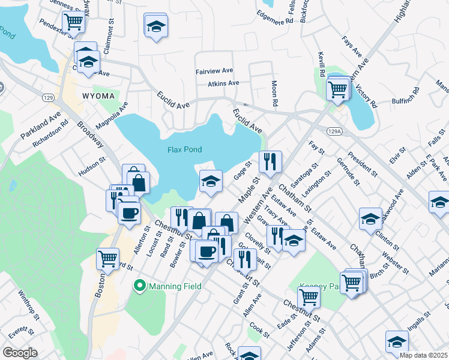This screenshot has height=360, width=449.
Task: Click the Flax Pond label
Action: (x=184, y=149)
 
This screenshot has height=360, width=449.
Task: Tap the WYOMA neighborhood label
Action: (x=97, y=96)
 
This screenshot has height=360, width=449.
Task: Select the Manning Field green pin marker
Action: (x=140, y=286)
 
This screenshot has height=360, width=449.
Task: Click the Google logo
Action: (x=20, y=352)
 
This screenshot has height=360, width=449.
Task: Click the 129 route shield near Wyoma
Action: (x=49, y=97)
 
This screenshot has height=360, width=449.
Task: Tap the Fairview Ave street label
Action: (x=214, y=71)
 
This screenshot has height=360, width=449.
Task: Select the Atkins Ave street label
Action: (x=223, y=83)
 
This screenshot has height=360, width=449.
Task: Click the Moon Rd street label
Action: (x=274, y=94)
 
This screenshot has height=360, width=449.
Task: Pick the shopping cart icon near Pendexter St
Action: (x=73, y=22)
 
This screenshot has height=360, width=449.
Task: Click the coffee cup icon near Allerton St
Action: (x=128, y=213)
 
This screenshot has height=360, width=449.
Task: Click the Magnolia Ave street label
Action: (x=112, y=115)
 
